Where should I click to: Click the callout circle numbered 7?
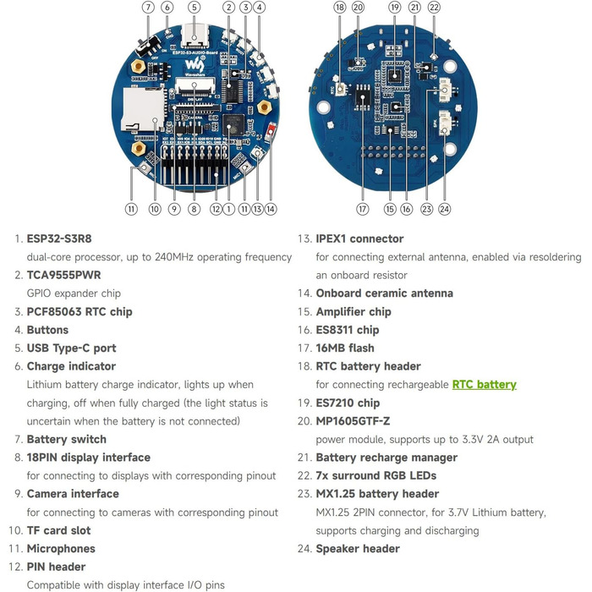(148, 8)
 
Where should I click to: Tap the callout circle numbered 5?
(195, 8)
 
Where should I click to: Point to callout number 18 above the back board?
(340, 8)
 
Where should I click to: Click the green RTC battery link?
(484, 384)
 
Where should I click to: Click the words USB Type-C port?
(71, 348)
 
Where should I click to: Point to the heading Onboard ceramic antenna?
(384, 293)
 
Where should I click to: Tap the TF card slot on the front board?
(140, 109)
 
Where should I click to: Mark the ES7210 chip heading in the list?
(348, 403)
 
